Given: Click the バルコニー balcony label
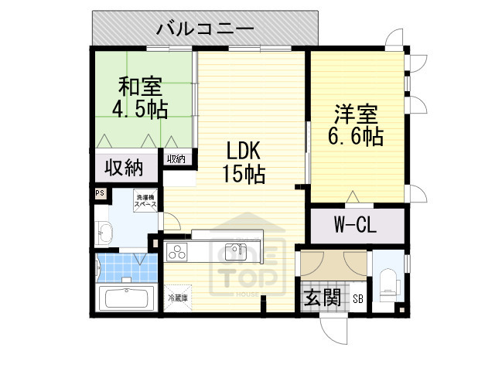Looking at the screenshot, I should [x=205, y=29].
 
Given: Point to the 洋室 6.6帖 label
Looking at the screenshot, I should [x=357, y=126].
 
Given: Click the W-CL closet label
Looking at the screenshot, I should [x=356, y=226].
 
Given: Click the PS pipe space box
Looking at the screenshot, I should [x=100, y=194].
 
